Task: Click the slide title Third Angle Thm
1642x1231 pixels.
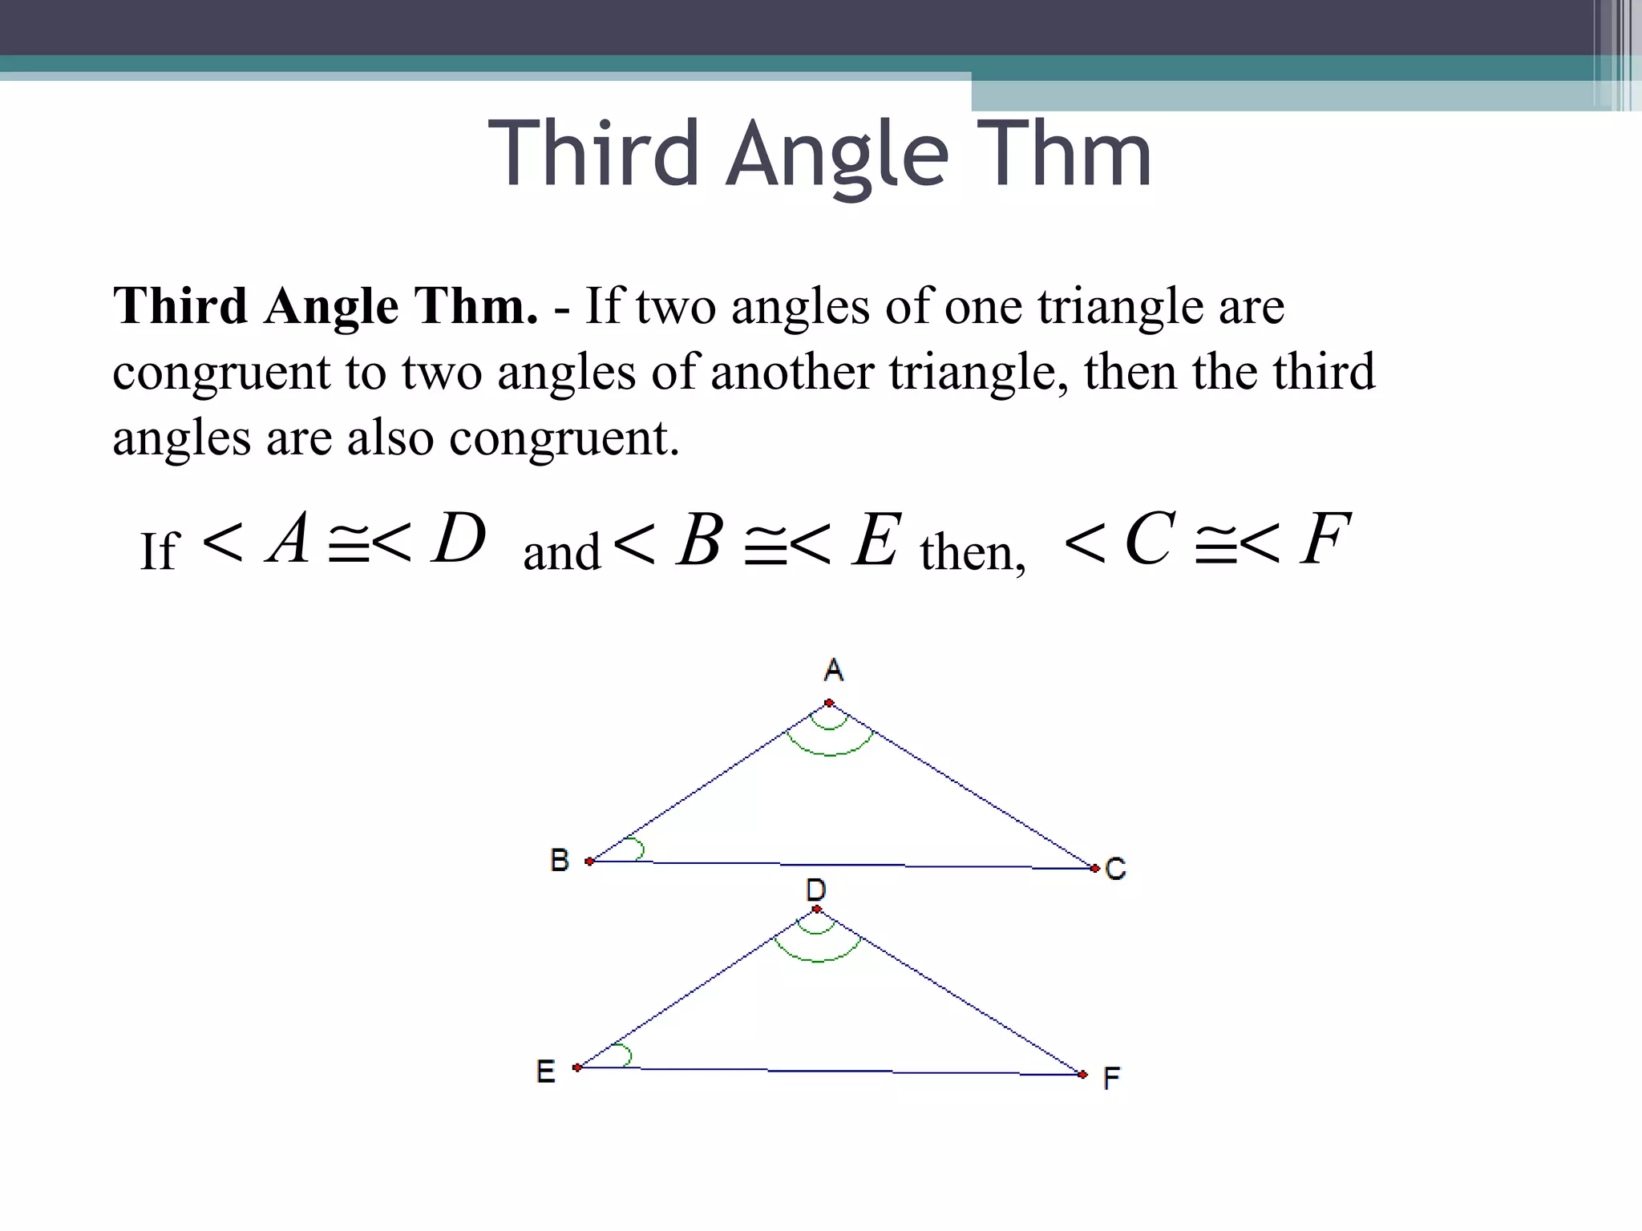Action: click(819, 154)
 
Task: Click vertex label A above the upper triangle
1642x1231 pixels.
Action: click(834, 669)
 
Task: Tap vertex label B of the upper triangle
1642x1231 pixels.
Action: click(560, 860)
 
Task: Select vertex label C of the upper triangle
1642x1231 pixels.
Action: click(1115, 868)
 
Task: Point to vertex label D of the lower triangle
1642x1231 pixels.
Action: click(816, 889)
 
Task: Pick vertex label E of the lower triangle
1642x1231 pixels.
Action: click(546, 1072)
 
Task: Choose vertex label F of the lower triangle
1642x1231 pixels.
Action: click(1111, 1078)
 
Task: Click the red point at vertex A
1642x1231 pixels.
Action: click(829, 704)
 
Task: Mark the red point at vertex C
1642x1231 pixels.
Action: click(1094, 868)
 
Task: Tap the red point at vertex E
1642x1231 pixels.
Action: click(577, 1068)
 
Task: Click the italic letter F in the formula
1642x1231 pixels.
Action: click(1325, 539)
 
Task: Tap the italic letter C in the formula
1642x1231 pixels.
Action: click(1151, 539)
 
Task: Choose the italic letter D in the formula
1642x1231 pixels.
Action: click(459, 538)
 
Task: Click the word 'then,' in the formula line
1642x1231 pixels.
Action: click(973, 552)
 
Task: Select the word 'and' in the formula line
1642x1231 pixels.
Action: click(561, 552)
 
